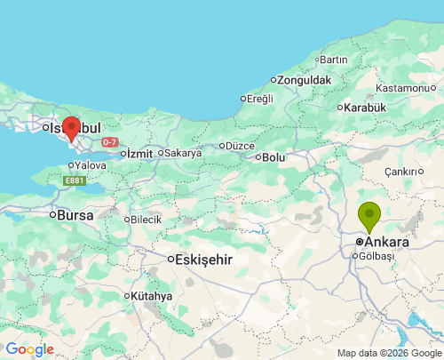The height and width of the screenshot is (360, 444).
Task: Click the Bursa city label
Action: coord(75,214)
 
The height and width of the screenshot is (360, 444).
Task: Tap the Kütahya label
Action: coord(152,295)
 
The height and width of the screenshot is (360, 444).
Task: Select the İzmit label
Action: coord(139,153)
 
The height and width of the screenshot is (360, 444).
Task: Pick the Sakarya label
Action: coord(183,153)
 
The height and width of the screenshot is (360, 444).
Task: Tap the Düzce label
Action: coord(240,146)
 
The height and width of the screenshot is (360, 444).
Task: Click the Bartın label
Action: coord(333,60)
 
